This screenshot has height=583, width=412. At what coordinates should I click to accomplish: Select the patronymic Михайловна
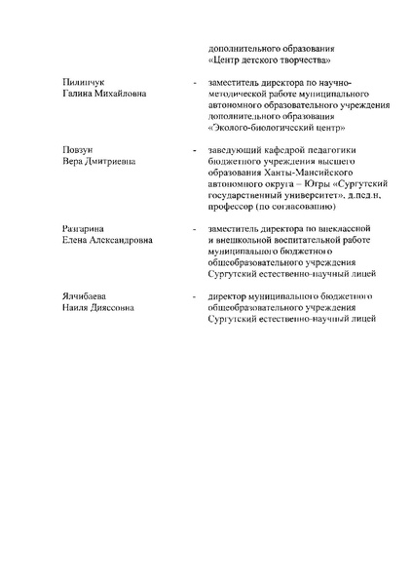click(x=121, y=95)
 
